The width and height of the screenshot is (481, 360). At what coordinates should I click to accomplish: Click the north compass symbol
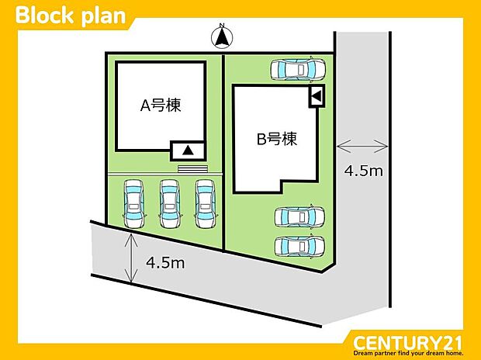pyautogui.click(x=223, y=36)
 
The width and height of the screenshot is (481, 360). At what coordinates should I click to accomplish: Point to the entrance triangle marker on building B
pyautogui.click(x=317, y=97)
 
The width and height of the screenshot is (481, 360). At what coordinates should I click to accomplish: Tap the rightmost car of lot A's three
pyautogui.click(x=205, y=203)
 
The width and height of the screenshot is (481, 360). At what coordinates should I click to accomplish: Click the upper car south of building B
pyautogui.click(x=300, y=217)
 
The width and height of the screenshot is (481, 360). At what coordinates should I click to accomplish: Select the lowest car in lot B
pyautogui.click(x=300, y=246)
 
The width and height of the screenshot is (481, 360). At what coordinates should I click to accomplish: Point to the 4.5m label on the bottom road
pyautogui.click(x=164, y=262)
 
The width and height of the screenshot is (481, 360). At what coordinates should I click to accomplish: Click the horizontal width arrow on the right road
pyautogui.click(x=363, y=144)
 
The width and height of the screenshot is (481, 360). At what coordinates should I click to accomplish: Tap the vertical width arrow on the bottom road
pyautogui.click(x=130, y=258)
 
